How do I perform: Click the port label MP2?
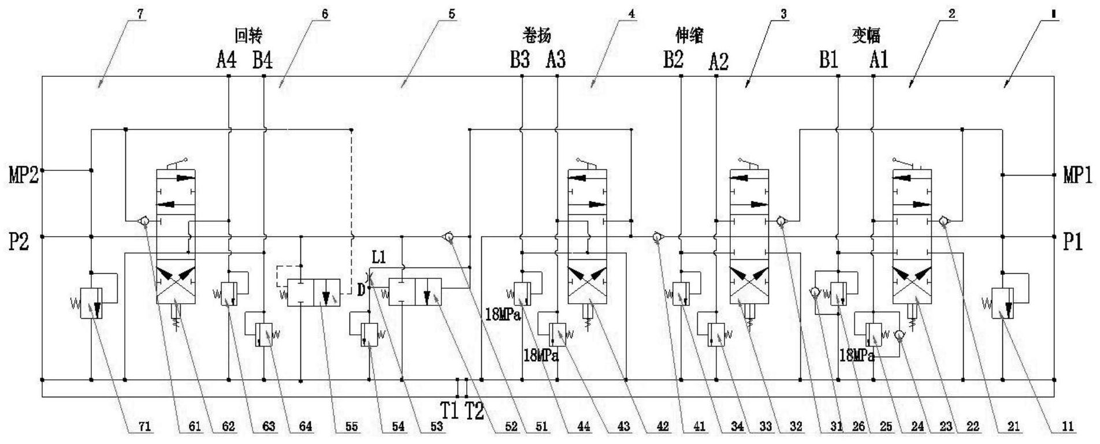[x=23, y=175]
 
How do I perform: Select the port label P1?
[x=1073, y=242]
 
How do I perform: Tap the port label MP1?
[x=1077, y=175]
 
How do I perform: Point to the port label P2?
[x=18, y=242]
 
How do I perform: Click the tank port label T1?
[x=450, y=411]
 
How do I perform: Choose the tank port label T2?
[x=474, y=411]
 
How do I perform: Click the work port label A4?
[x=226, y=59]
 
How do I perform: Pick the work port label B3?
[x=519, y=59]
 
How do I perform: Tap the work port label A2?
[x=718, y=61]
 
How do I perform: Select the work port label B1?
[x=828, y=59]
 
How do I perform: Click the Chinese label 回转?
[x=248, y=36]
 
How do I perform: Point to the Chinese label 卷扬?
[x=537, y=36]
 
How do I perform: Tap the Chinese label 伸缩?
[x=690, y=36]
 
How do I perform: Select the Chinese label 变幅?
[x=867, y=36]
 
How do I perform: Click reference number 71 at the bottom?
[x=144, y=427]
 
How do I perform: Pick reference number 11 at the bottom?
[x=1068, y=427]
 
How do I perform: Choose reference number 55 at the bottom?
[x=351, y=427]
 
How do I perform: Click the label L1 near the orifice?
[x=379, y=256]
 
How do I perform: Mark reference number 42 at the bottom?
[x=663, y=427]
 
